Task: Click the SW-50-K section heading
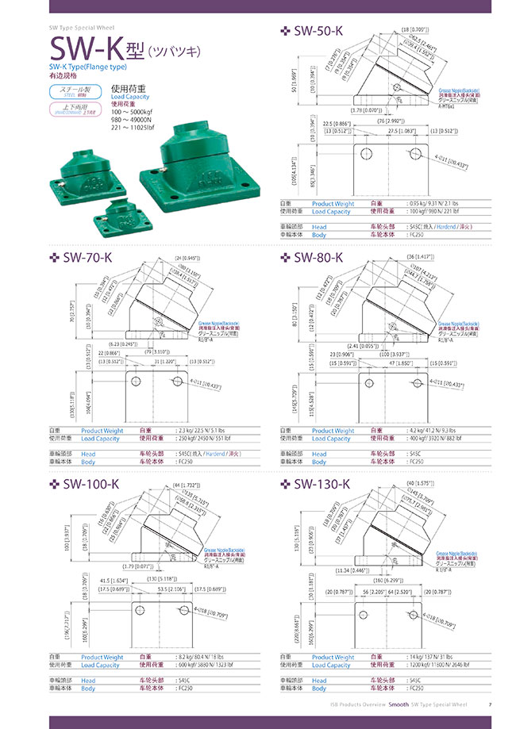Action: pos(317,31)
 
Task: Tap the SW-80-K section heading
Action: pos(317,257)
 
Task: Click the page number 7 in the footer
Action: pos(490,704)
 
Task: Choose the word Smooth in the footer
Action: pos(399,704)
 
